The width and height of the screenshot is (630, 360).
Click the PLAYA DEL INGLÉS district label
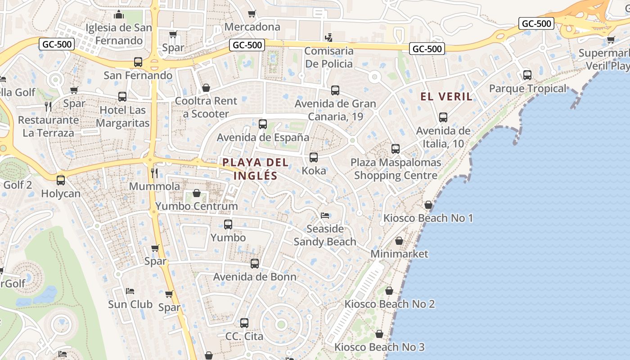(256, 169)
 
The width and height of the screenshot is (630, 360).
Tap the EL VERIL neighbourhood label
(446, 96)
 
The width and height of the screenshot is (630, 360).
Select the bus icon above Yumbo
(228, 224)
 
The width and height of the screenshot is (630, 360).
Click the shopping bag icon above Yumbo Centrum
(197, 193)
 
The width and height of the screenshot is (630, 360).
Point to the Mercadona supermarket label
(252, 27)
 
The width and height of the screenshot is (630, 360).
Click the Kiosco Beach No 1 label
(428, 218)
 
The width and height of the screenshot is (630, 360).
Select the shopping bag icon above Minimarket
(399, 241)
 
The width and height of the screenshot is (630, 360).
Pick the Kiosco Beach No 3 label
(379, 347)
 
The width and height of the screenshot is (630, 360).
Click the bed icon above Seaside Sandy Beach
(325, 215)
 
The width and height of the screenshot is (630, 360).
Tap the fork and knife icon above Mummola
(154, 173)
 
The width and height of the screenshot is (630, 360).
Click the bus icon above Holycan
(61, 180)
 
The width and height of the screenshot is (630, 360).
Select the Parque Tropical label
(527, 89)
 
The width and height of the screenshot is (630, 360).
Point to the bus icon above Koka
(314, 157)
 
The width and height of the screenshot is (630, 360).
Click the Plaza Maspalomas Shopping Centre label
(396, 169)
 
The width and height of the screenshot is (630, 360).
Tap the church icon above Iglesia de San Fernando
(119, 15)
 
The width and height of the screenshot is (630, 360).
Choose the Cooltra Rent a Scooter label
(205, 108)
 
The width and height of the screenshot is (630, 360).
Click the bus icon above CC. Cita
(244, 323)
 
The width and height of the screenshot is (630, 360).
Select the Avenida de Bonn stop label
(255, 277)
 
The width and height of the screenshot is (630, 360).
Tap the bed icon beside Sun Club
(130, 291)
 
